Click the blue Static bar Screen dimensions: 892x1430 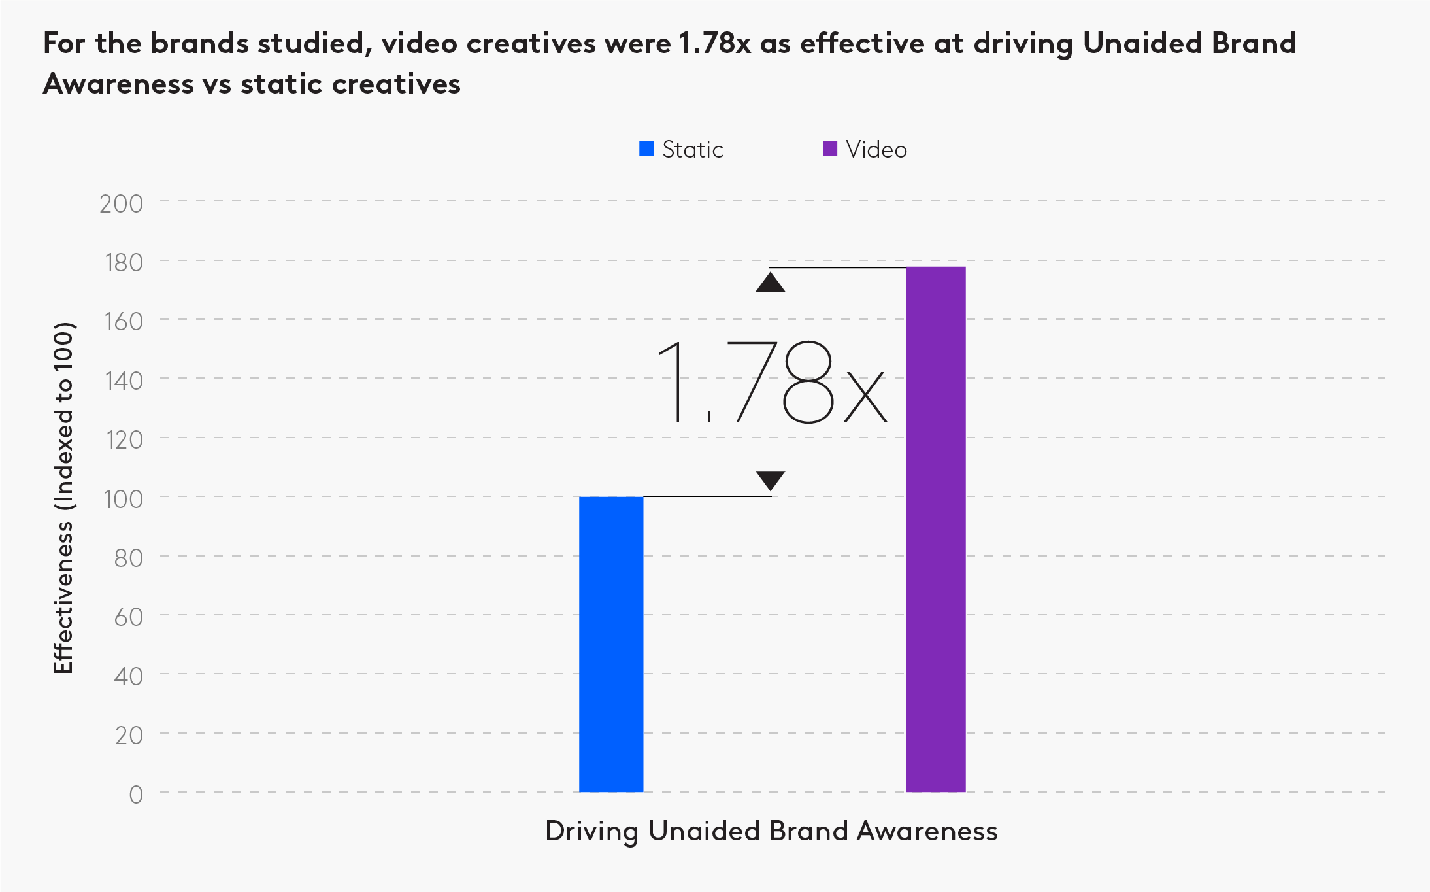pos(611,644)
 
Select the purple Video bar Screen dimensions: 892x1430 pos(936,529)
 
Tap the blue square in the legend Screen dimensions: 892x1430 pos(646,149)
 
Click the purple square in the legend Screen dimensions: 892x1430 pos(830,149)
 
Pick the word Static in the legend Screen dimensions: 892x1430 pos(693,150)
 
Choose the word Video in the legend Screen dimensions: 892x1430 pos(876,150)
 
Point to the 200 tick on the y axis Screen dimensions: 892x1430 pos(122,204)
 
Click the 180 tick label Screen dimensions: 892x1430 pos(124,263)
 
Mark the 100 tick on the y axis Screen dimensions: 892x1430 pos(124,500)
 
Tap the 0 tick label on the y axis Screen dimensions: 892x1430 pos(136,795)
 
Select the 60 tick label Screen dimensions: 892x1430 pos(129,617)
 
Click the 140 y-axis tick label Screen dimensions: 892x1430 pos(124,381)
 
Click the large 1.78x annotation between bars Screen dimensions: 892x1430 pos(771,383)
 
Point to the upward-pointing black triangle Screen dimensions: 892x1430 pos(771,283)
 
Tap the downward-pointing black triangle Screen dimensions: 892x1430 pos(771,479)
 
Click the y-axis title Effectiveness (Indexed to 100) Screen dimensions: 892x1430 pos(63,498)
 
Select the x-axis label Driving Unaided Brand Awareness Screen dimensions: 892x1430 pos(771,831)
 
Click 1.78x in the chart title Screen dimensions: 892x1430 pos(715,44)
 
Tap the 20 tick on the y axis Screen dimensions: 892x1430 pos(129,736)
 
